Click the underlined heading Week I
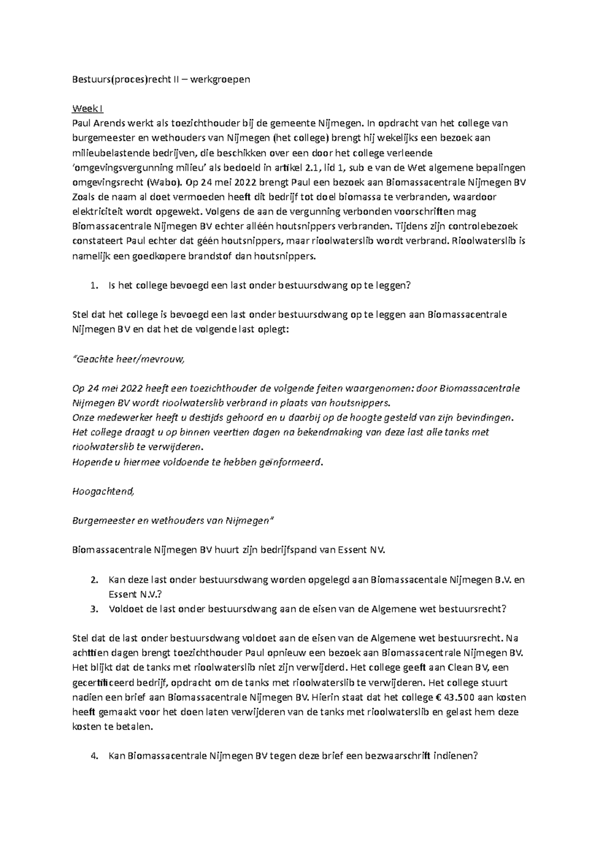[88, 109]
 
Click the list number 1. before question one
[93, 286]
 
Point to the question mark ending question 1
[409, 286]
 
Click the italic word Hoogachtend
[104, 491]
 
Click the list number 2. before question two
[93, 580]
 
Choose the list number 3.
[93, 609]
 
